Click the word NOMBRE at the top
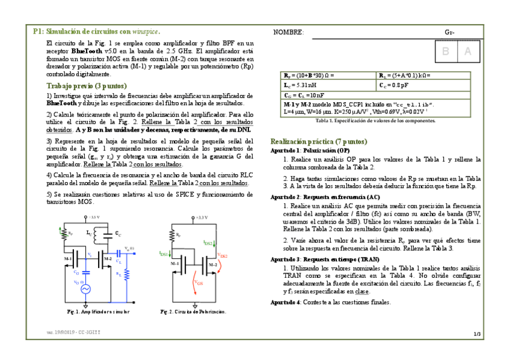coord(288,32)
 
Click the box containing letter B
coord(446,52)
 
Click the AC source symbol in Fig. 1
coord(86,289)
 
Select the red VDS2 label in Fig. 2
coord(222,255)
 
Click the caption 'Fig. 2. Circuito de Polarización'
coord(193,312)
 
